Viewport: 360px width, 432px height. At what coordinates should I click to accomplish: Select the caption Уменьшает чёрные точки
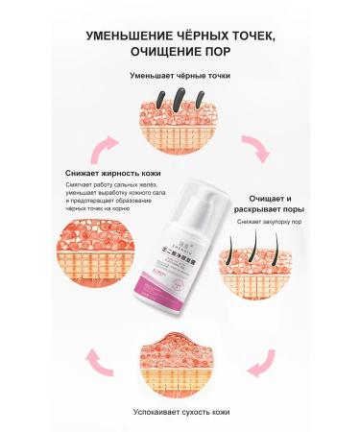point(180,75)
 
